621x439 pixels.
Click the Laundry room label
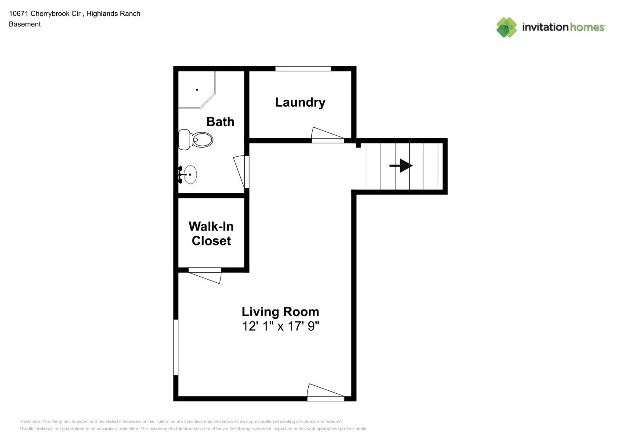[300, 102]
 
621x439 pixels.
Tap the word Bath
[220, 122]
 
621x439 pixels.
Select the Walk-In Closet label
[211, 234]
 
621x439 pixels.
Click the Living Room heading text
[280, 312]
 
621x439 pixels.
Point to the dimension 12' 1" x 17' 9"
[280, 326]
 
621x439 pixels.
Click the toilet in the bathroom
[196, 140]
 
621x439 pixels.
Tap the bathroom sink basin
[190, 175]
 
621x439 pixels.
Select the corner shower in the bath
[195, 90]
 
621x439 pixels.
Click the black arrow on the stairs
[401, 166]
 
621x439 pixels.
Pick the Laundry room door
[327, 135]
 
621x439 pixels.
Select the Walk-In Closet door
[205, 275]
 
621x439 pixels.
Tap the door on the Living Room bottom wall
[325, 392]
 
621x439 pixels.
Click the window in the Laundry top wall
[303, 68]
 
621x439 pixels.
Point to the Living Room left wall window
[176, 347]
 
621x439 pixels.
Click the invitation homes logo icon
[506, 27]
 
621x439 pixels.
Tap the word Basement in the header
[25, 24]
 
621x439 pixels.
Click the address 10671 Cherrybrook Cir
[45, 14]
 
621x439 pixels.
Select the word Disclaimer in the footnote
[30, 421]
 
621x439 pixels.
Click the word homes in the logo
[587, 27]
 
